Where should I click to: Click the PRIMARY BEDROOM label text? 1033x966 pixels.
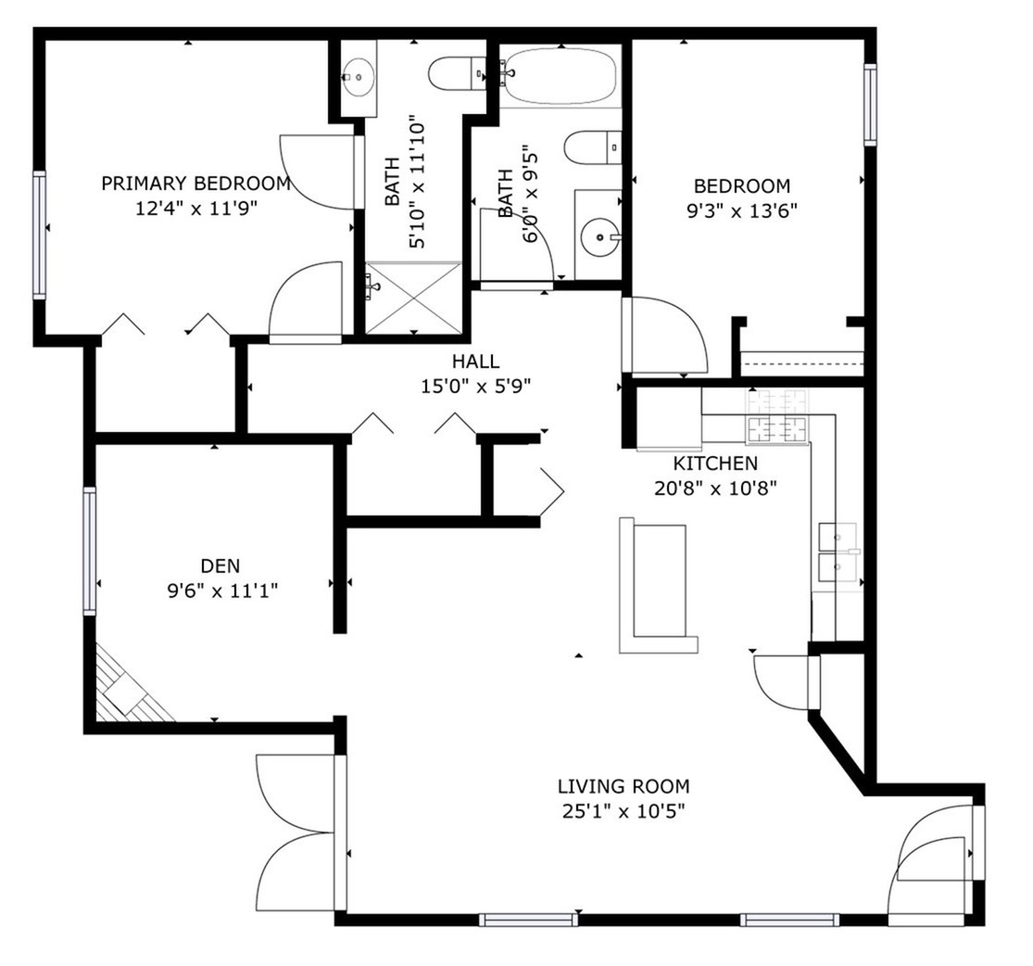pos(195,184)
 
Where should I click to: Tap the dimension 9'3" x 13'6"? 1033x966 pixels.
pos(742,210)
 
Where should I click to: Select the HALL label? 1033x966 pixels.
pos(475,362)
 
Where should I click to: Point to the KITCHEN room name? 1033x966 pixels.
pos(714,463)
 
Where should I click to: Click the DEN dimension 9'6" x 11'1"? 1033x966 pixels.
pos(220,590)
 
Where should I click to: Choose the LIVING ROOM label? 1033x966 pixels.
pos(623,787)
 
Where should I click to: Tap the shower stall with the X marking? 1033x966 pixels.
pos(413,297)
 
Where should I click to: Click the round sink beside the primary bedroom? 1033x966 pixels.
pos(358,76)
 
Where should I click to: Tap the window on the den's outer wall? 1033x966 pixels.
pos(90,551)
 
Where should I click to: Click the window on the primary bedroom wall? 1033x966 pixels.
pos(40,235)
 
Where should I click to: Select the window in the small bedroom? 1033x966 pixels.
pos(870,104)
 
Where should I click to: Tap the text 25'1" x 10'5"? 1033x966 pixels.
pos(623,811)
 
